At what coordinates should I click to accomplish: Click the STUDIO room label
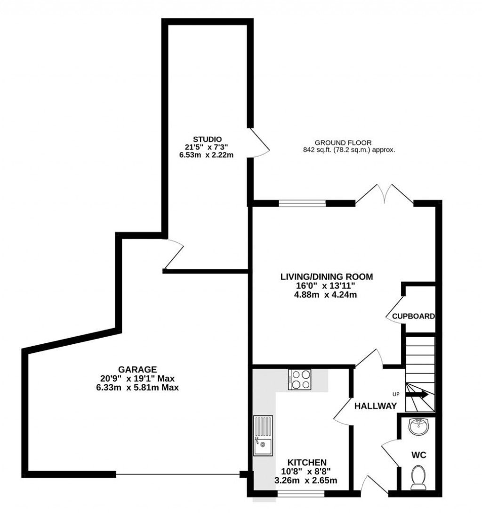pyautogui.click(x=206, y=139)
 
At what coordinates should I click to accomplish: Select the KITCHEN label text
pyautogui.click(x=307, y=462)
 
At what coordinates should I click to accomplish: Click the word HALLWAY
pyautogui.click(x=375, y=406)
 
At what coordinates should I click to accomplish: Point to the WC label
pyautogui.click(x=419, y=456)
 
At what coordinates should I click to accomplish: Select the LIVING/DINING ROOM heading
pyautogui.click(x=327, y=277)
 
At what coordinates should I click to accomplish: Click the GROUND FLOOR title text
pyautogui.click(x=343, y=142)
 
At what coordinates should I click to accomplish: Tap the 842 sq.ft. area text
pyautogui.click(x=349, y=150)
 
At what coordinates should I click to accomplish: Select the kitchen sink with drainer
pyautogui.click(x=263, y=435)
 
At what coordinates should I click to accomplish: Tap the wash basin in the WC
pyautogui.click(x=418, y=427)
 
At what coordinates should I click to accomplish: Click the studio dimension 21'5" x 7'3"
pyautogui.click(x=206, y=147)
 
